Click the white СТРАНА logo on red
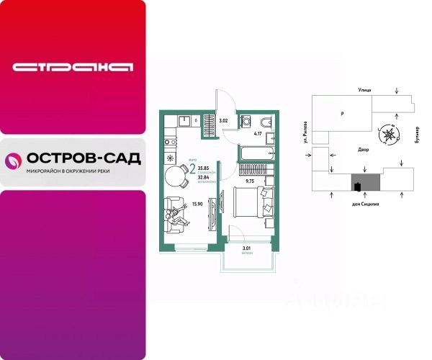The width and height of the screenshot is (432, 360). click(73, 68)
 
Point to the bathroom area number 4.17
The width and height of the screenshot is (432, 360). click(257, 133)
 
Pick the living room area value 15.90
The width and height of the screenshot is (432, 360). click(197, 204)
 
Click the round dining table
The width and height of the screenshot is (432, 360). click(175, 175)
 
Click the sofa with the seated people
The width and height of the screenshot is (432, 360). click(174, 215)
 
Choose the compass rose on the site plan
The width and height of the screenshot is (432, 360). click(390, 133)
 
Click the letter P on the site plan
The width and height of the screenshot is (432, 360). click(342, 114)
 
